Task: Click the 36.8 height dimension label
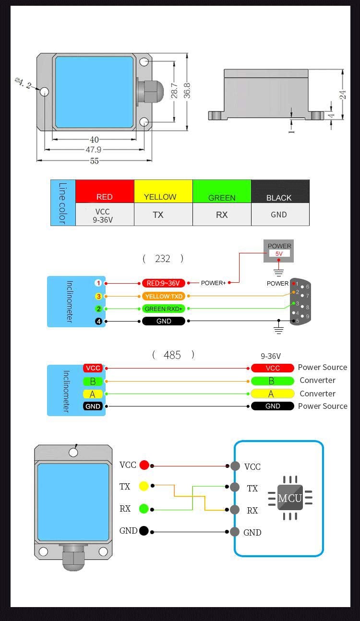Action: (187, 91)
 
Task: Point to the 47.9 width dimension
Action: (94, 150)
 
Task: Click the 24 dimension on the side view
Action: (343, 95)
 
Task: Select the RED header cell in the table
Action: (105, 191)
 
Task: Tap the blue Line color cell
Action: (63, 203)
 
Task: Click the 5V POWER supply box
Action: (279, 251)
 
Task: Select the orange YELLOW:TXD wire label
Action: (164, 297)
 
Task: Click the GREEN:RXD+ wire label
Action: (164, 309)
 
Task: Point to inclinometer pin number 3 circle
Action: (98, 297)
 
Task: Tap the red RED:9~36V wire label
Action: (164, 283)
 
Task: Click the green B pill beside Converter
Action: (272, 381)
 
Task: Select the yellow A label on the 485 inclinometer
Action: (92, 394)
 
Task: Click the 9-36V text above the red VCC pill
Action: (271, 356)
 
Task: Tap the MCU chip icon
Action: (290, 498)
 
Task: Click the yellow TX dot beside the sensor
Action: (144, 486)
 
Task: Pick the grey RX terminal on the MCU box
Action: (235, 510)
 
